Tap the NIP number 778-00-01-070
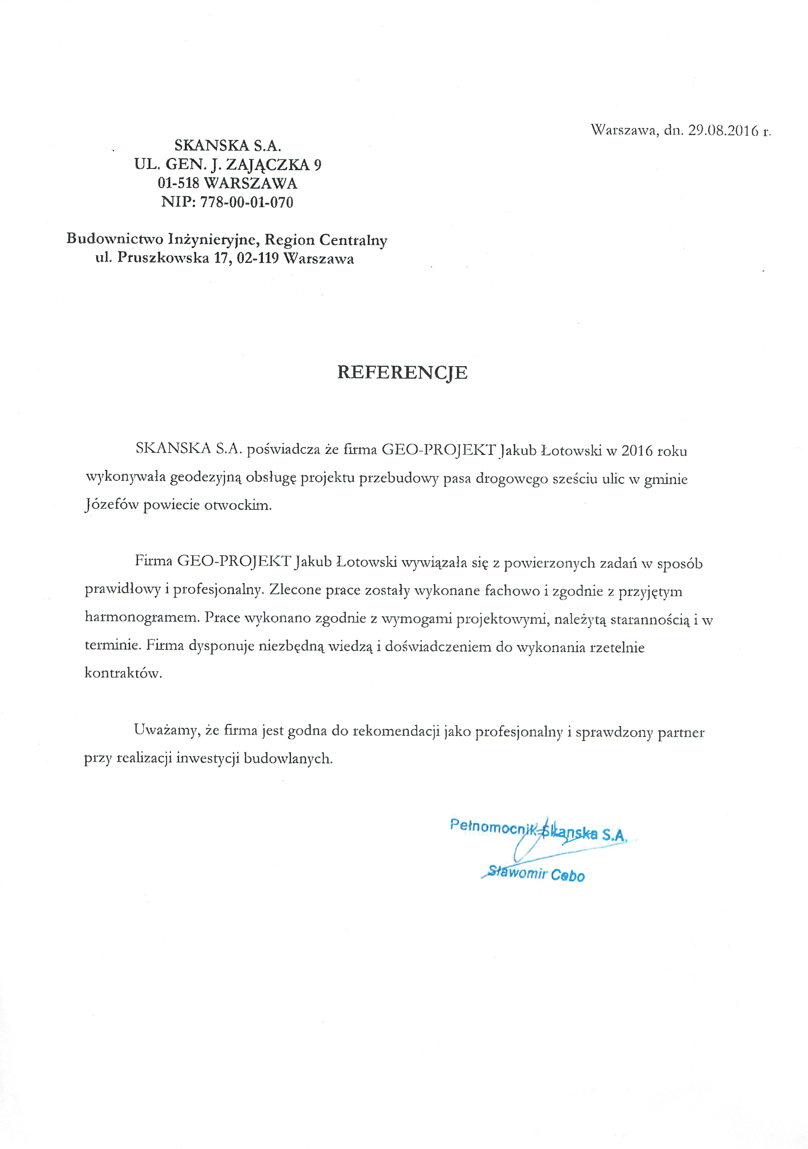(247, 203)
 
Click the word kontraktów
(123, 673)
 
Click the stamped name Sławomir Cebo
(535, 874)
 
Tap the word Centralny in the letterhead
(353, 240)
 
